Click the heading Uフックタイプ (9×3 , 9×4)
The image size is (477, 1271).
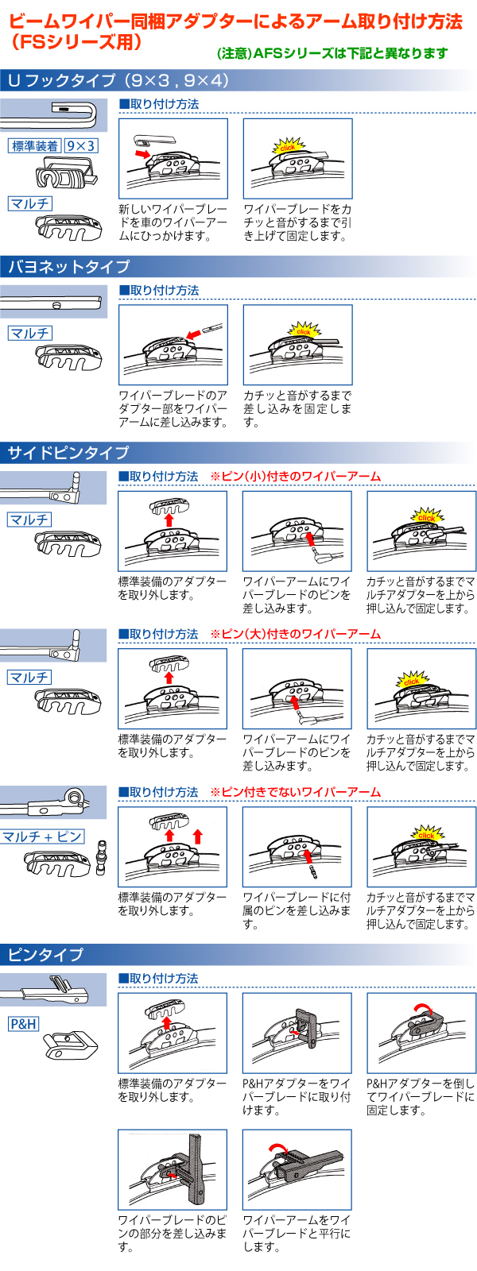pos(118,80)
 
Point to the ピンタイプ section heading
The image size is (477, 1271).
pos(45,954)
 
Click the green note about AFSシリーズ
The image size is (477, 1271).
pos(332,53)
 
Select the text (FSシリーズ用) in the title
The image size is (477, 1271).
pos(76,42)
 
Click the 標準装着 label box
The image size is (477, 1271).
pos(35,146)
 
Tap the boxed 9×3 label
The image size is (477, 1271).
pos(81,146)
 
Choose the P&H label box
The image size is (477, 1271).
pos(23,1024)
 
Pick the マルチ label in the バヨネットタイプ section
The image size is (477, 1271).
pos(30,334)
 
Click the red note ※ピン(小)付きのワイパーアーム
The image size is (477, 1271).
pos(295,477)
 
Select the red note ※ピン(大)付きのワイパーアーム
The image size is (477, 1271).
pos(295,634)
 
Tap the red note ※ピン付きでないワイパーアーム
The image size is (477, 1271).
pos(295,792)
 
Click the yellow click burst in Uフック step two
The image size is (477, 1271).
pos(287,146)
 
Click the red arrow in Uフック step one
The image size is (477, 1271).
pos(142,152)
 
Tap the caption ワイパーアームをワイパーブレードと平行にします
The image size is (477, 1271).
pos(297,1233)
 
